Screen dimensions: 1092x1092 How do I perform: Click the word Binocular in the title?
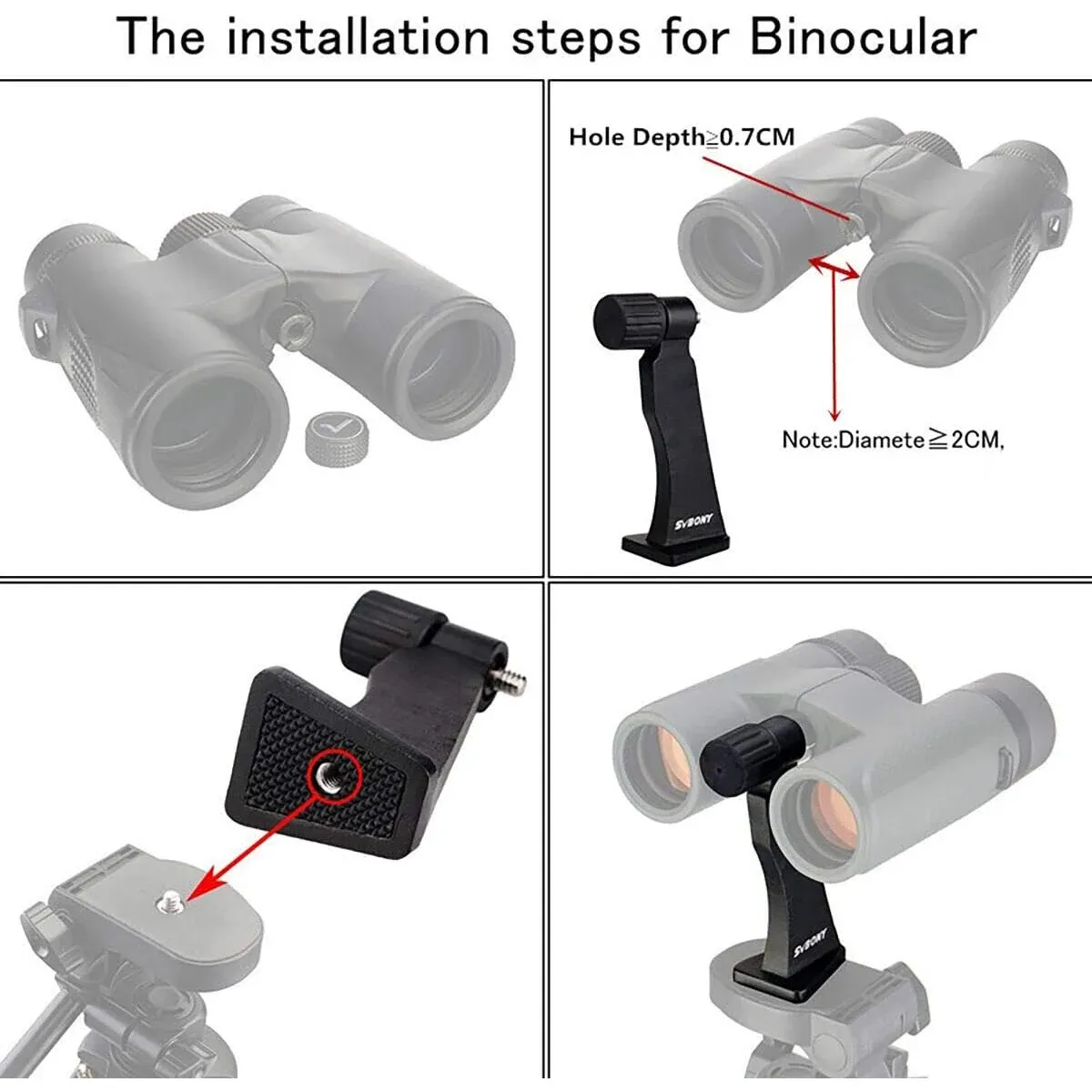[864, 36]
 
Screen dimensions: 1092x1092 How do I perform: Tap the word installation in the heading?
[358, 36]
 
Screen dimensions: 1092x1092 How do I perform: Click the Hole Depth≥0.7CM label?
[682, 137]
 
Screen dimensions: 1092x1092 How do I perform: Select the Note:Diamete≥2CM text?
[893, 440]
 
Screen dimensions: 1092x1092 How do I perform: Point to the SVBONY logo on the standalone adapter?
[694, 521]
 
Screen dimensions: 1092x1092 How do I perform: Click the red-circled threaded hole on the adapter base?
[334, 775]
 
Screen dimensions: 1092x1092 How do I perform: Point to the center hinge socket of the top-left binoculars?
[294, 329]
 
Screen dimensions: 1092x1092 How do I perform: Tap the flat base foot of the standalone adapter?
[675, 548]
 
